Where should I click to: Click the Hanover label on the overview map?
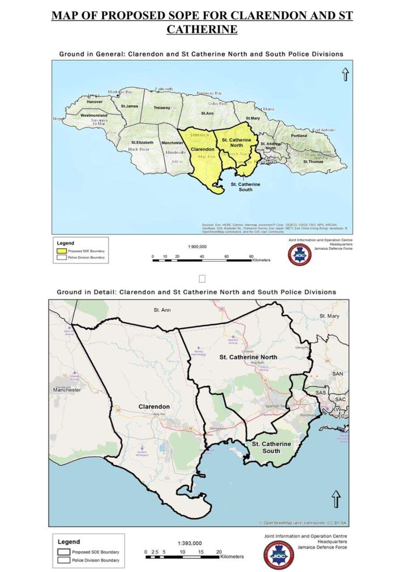click(94, 102)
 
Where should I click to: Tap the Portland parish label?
click(299, 136)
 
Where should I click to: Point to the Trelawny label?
click(162, 108)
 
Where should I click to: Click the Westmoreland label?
click(94, 115)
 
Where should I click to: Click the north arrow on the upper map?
click(345, 75)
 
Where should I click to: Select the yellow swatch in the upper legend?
click(60, 251)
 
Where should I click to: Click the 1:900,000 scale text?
click(197, 246)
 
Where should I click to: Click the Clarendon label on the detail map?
click(154, 407)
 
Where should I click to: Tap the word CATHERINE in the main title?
click(202, 30)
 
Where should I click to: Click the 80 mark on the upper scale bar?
click(251, 256)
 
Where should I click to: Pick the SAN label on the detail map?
click(338, 373)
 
